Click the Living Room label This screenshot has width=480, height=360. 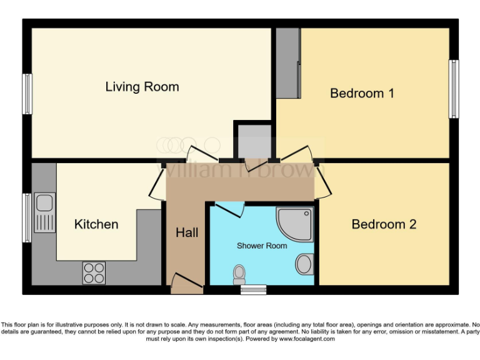142,87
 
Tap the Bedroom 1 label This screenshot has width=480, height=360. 362,93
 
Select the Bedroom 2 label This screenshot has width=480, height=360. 384,224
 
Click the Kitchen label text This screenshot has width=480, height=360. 96,224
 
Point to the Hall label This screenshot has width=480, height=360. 187,232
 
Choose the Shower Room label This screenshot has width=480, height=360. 262,246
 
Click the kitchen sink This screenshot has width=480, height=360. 44,212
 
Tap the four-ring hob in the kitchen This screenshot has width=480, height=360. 94,272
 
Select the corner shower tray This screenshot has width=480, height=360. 296,224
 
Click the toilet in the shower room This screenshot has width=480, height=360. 239,273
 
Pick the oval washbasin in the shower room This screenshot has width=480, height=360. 304,264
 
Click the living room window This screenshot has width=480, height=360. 27,94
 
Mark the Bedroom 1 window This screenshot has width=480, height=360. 454,89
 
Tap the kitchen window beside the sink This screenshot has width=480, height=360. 27,217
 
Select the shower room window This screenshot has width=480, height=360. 254,289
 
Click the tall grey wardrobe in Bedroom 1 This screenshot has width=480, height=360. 288,63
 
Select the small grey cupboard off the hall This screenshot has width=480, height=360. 253,142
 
